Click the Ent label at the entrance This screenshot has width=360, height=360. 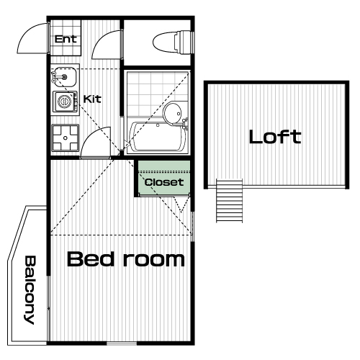[x=66, y=39]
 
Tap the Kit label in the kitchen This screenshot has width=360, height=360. [x=92, y=99]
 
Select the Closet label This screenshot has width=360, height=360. [x=164, y=182]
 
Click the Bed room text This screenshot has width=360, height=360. [x=126, y=259]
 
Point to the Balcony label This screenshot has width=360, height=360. [x=30, y=290]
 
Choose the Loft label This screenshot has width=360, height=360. [x=275, y=137]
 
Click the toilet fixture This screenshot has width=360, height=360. [x=173, y=42]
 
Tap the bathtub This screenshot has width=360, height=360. [x=158, y=137]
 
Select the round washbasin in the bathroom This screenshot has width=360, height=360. [x=173, y=113]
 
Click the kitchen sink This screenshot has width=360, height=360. [x=64, y=77]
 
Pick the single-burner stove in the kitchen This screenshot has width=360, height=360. [x=66, y=102]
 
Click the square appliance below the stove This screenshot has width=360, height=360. [x=66, y=138]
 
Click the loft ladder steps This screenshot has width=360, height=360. [x=229, y=201]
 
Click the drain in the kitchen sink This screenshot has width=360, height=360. [x=64, y=77]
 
